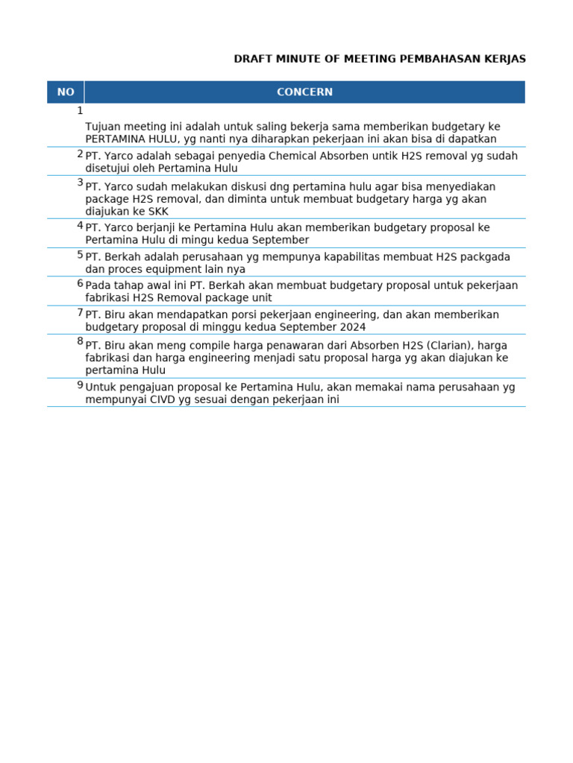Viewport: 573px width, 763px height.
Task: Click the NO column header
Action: [x=66, y=92]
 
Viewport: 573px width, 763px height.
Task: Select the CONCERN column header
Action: [x=304, y=92]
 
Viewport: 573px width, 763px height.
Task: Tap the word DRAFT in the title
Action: [x=252, y=59]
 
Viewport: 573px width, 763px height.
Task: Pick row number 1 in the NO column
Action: [x=80, y=110]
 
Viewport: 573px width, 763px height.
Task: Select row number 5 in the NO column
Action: [x=80, y=255]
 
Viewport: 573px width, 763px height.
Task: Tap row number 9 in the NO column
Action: [x=80, y=385]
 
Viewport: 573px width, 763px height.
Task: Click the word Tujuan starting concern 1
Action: [x=103, y=127]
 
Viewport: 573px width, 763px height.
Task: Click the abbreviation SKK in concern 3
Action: [x=158, y=212]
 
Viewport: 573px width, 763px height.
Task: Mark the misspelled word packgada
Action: [x=486, y=257]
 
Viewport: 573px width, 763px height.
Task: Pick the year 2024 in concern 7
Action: [x=351, y=327]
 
